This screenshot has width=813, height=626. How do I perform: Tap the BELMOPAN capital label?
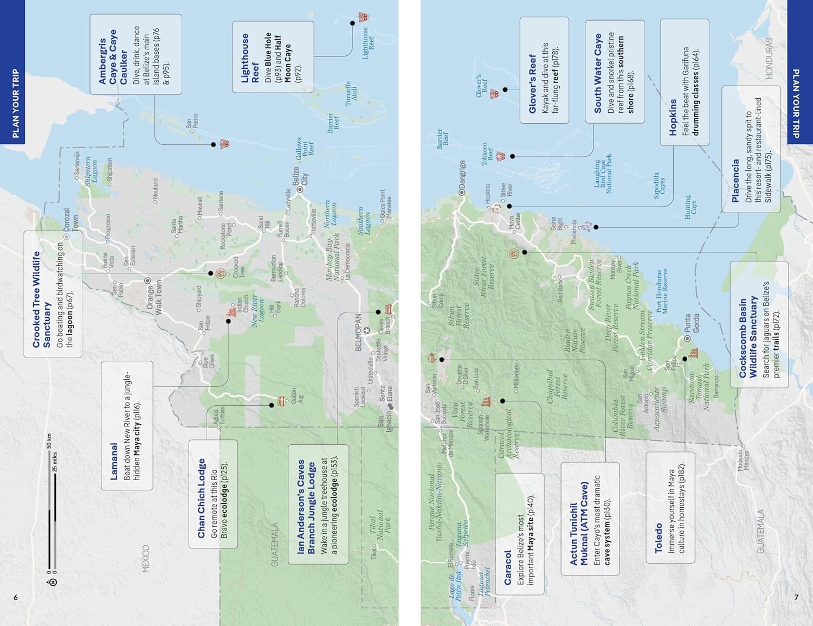point(358,332)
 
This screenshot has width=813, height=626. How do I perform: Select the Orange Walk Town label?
point(154,297)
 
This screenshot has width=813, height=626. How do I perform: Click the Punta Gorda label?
point(692,323)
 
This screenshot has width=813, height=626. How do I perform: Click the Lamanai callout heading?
point(114,462)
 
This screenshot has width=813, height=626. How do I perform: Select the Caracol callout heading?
point(508,568)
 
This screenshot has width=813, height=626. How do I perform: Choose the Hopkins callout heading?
point(673,117)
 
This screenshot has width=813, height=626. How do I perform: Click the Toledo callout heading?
point(659,538)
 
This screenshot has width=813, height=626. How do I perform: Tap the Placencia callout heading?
point(735,181)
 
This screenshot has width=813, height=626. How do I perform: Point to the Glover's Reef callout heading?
point(532,84)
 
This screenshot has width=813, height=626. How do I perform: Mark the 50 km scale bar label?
point(49,441)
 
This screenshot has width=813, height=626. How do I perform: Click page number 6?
point(16,597)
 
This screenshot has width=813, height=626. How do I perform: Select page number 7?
point(796,597)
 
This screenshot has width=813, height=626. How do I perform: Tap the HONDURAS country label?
point(769,59)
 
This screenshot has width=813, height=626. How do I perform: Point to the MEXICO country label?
point(145,559)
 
